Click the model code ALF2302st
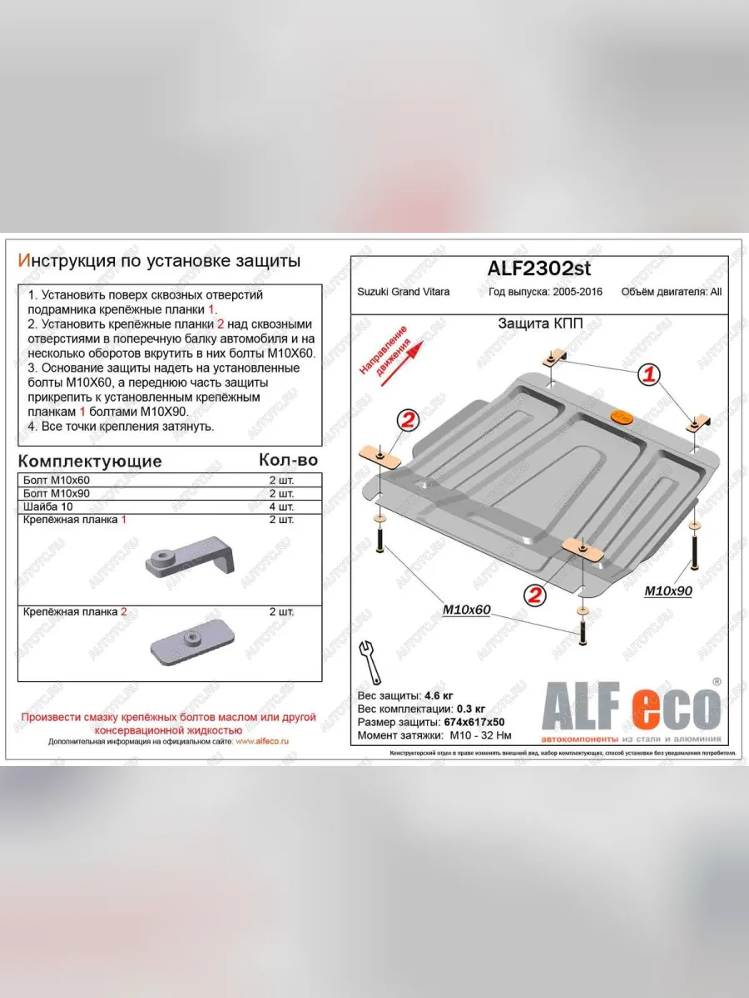[538, 268]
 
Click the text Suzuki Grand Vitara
[404, 292]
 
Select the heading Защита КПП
[539, 324]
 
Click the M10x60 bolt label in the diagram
[467, 610]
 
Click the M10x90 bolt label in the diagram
[669, 590]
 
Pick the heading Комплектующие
[90, 461]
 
